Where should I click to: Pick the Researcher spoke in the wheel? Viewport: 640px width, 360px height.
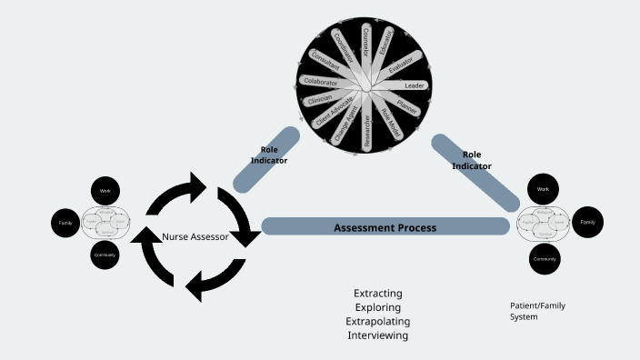click(x=366, y=129)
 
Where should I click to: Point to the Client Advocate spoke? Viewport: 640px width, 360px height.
click(x=334, y=113)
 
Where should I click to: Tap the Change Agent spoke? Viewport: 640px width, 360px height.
click(x=346, y=125)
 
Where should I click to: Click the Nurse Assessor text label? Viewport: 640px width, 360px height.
click(x=195, y=237)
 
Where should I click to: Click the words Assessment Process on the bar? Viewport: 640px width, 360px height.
click(x=385, y=227)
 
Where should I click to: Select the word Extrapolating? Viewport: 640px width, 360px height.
click(x=377, y=322)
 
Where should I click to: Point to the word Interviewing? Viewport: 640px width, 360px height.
click(x=377, y=335)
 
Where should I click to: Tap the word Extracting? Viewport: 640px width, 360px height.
click(x=377, y=294)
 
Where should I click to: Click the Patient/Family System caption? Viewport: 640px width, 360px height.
click(x=537, y=311)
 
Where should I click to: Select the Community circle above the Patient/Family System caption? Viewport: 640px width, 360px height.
click(x=544, y=259)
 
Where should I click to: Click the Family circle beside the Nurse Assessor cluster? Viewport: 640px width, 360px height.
click(x=65, y=223)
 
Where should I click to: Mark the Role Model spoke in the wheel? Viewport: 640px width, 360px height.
click(x=386, y=124)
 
